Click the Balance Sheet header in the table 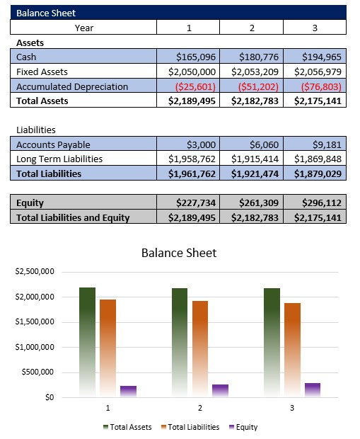point(46,13)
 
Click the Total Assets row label point(42,101)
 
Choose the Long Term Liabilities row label point(59,159)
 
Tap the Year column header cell point(83,28)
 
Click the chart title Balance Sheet point(179,253)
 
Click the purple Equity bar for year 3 point(313,389)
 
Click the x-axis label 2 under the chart point(200,409)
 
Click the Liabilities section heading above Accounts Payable point(36,130)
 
